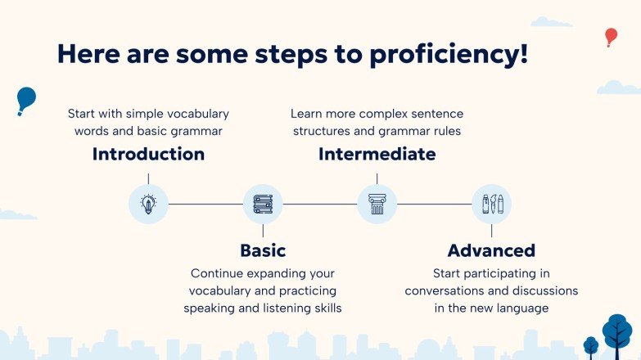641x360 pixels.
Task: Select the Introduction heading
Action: [148, 155]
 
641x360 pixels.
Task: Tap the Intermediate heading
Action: [377, 155]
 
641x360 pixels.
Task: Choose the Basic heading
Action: [263, 250]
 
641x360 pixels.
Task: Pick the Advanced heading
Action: [491, 250]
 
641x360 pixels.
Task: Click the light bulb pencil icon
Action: [148, 204]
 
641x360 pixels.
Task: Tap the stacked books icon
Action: [263, 204]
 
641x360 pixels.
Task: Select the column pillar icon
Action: [377, 204]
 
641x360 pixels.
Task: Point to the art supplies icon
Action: [492, 204]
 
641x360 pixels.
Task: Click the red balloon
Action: [612, 36]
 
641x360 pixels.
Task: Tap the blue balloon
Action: [26, 99]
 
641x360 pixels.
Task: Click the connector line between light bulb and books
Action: [205, 204]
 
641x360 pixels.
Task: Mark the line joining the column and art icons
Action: [434, 204]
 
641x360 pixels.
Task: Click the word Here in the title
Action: [88, 54]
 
